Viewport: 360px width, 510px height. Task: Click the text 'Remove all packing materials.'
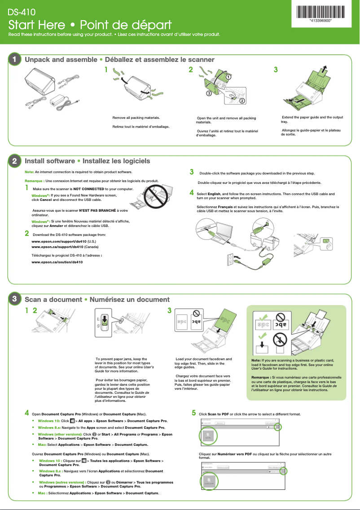[x=136, y=118]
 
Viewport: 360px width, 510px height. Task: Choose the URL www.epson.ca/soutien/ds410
[x=57, y=262]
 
